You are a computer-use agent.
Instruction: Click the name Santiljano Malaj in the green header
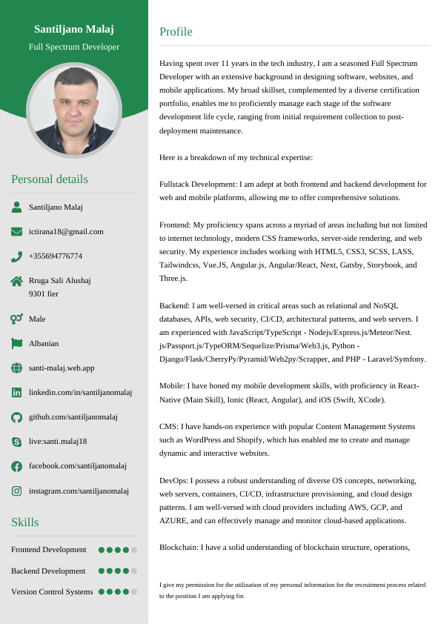click(74, 29)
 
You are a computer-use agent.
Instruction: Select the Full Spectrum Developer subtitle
click(74, 47)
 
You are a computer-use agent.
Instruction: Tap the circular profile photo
click(74, 110)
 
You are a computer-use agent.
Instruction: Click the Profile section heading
click(176, 32)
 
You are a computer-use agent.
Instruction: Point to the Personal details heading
click(50, 179)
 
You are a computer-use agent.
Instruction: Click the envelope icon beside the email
click(16, 231)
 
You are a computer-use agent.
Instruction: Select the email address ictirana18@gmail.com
click(66, 231)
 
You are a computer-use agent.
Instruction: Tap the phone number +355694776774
click(56, 256)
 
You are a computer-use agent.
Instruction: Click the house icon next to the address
click(16, 281)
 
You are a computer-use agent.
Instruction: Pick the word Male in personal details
click(37, 319)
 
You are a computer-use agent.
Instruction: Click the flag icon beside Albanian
click(16, 343)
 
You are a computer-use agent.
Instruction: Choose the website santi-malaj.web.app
click(62, 368)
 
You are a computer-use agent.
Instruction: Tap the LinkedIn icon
click(16, 392)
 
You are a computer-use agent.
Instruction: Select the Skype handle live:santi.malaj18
click(58, 441)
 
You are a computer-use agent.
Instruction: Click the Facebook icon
click(16, 466)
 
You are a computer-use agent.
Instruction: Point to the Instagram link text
click(79, 491)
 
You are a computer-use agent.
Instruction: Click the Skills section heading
click(24, 522)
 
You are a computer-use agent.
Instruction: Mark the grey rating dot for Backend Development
click(134, 571)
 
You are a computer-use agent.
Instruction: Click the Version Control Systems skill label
click(52, 591)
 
